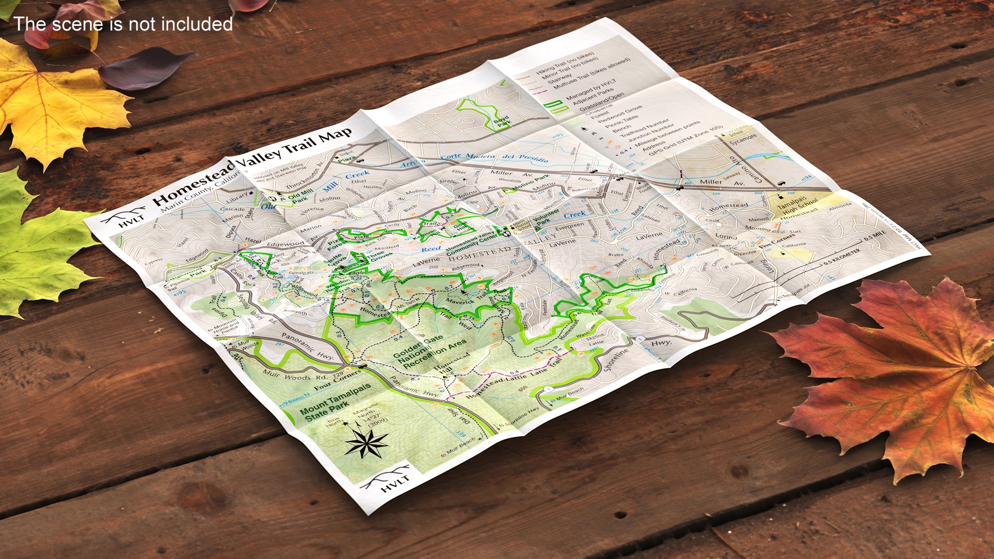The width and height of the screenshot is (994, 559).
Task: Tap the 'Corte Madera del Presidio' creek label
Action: coord(494,157)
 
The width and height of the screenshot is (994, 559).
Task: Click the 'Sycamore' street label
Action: coord(743,140)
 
